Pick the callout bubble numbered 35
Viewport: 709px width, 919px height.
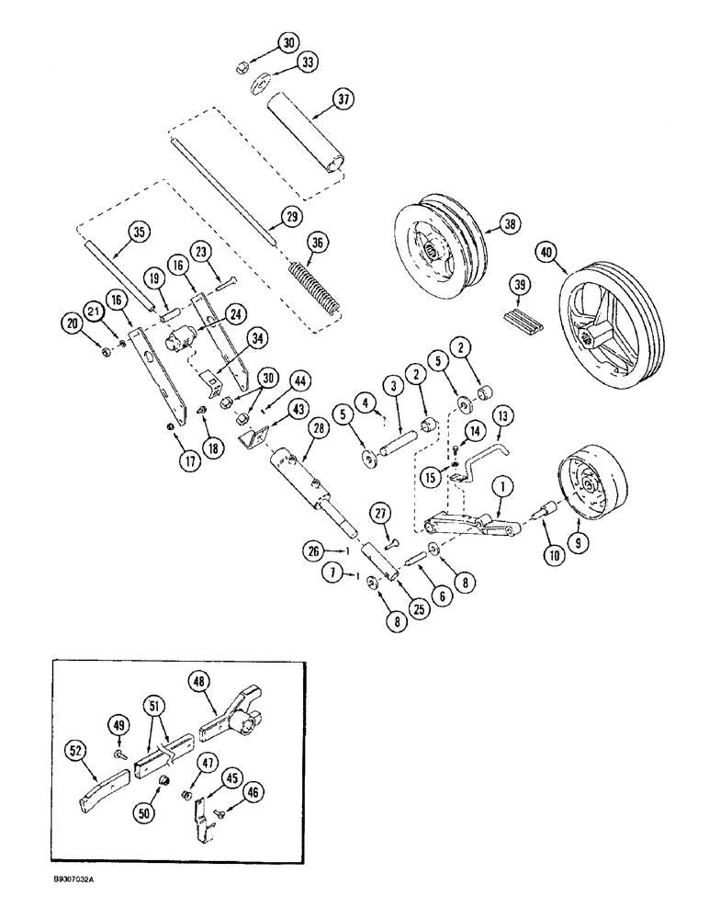140,232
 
